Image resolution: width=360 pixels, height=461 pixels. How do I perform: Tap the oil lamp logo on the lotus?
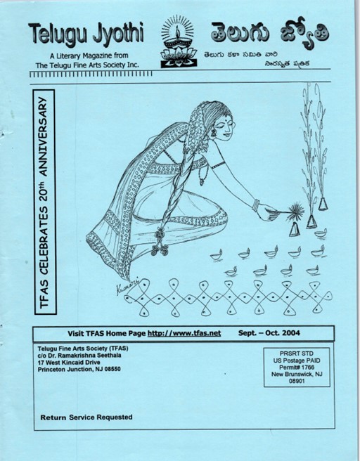[179, 41]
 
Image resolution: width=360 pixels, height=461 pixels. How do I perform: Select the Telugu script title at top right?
[269, 32]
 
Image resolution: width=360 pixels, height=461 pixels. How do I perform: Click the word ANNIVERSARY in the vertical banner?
[44, 136]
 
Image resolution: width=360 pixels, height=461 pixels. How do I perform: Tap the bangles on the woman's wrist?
[256, 205]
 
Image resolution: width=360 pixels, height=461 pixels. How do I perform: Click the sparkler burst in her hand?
[295, 212]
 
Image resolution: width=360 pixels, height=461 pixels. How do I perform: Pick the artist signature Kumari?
[127, 285]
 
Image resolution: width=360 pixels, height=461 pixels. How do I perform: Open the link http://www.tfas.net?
[184, 333]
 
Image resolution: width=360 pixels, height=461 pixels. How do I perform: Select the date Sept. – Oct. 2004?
[269, 333]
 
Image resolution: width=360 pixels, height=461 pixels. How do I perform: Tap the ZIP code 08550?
[112, 369]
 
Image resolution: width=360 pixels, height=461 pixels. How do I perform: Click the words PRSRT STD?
[297, 353]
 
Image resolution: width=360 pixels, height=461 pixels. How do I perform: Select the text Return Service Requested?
[86, 417]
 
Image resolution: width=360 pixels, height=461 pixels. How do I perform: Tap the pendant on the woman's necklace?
[202, 182]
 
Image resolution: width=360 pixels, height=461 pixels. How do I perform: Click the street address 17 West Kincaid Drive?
[69, 362]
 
